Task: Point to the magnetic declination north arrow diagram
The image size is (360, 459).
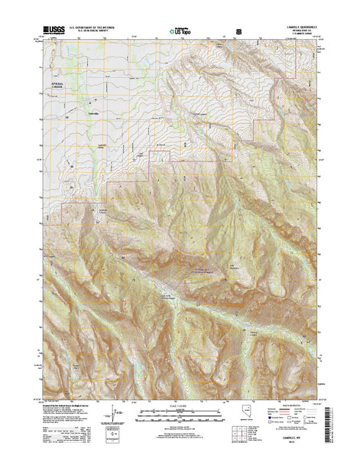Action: pyautogui.click(x=116, y=413)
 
